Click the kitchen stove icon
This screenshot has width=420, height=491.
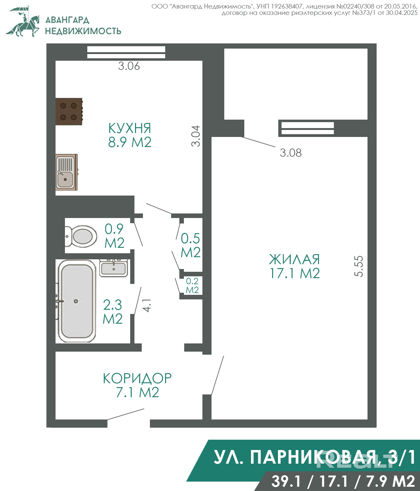69,111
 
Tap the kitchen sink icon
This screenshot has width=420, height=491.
66,172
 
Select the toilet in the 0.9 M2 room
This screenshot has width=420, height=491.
81,236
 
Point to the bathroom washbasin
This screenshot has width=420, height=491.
113,268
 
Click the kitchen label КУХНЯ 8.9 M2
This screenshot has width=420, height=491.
130,135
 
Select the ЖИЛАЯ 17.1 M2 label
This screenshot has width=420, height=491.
295,266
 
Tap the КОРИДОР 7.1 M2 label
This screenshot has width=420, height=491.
137,385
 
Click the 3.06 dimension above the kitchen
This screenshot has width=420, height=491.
129,66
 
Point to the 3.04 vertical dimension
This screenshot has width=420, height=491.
196,136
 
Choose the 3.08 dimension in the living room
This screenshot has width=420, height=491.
291,153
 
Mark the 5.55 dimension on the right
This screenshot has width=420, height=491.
358,266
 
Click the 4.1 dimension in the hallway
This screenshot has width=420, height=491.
147,305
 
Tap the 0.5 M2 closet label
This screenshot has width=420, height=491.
191,245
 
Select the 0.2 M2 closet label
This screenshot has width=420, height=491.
192,285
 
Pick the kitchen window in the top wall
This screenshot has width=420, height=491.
126,52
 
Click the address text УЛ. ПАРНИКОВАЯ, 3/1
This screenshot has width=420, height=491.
315,457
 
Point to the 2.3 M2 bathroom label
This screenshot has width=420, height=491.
113,312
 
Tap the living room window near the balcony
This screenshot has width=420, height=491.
308,128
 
